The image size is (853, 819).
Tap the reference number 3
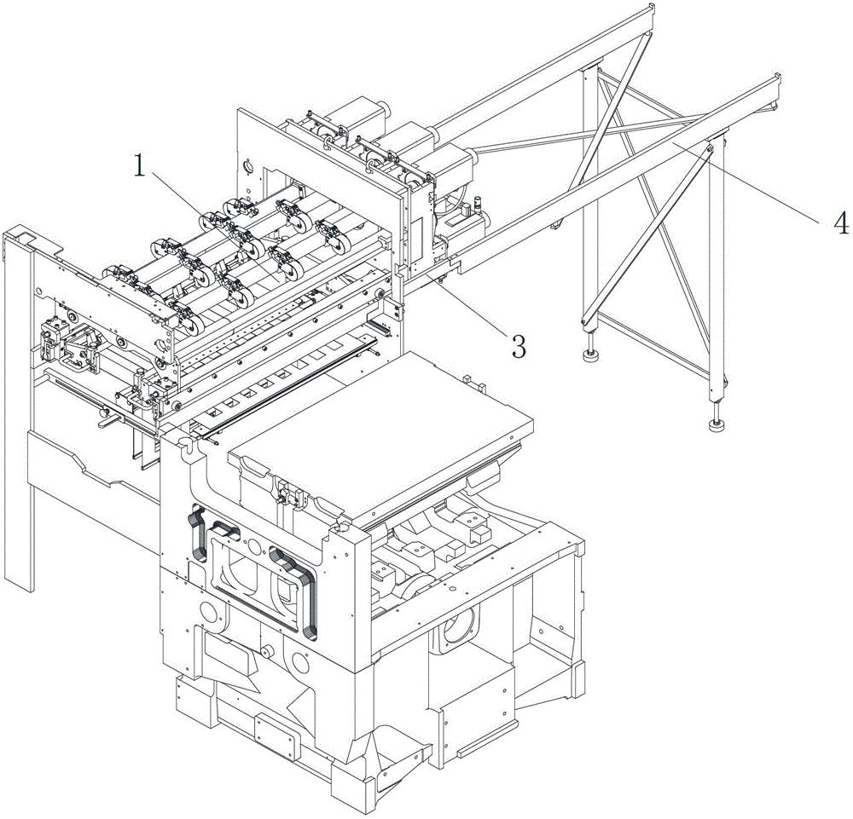(517, 345)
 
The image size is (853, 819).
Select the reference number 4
(841, 223)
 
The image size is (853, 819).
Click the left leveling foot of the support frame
(590, 355)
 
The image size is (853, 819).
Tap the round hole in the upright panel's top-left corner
(247, 163)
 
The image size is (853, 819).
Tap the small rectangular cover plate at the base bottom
(276, 732)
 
